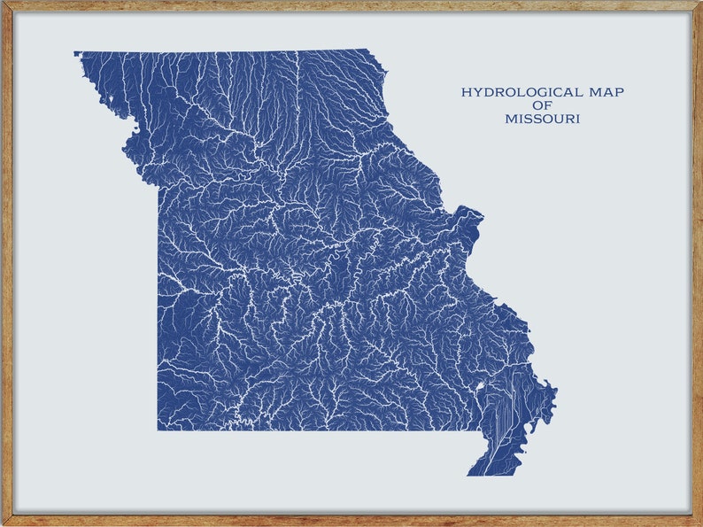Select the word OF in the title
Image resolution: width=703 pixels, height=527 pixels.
pyautogui.click(x=543, y=105)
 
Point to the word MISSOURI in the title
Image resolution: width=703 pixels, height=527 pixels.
pyautogui.click(x=543, y=119)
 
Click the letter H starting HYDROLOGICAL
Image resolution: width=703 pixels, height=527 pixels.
pyautogui.click(x=466, y=92)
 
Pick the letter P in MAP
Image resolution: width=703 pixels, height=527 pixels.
pyautogui.click(x=630, y=92)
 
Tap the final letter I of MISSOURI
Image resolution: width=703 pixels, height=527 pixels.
pyautogui.click(x=578, y=119)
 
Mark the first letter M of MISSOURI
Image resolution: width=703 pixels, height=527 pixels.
pyautogui.click(x=511, y=119)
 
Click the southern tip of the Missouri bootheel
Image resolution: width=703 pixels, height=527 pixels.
pyautogui.click(x=469, y=475)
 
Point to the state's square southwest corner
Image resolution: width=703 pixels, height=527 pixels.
pyautogui.click(x=158, y=430)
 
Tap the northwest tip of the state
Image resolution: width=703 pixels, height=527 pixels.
pyautogui.click(x=76, y=53)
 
